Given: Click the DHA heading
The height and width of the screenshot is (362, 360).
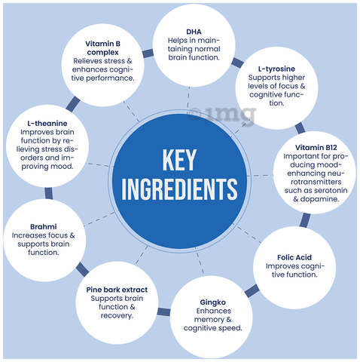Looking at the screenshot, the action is pyautogui.click(x=194, y=32).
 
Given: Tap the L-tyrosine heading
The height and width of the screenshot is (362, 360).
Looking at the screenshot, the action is pyautogui.click(x=276, y=69).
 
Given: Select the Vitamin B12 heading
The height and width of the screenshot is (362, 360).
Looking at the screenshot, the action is pyautogui.click(x=316, y=148).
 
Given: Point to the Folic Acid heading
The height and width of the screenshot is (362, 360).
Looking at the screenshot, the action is pyautogui.click(x=294, y=257).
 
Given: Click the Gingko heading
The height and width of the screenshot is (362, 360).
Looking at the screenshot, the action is pyautogui.click(x=213, y=302).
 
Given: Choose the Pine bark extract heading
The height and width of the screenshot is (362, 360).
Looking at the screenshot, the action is pyautogui.click(x=117, y=290).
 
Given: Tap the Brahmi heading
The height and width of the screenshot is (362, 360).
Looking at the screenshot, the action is pyautogui.click(x=44, y=227).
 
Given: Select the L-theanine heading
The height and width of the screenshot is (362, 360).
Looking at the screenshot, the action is pyautogui.click(x=47, y=124).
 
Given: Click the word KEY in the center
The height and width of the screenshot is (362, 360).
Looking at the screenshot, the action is pyautogui.click(x=179, y=160).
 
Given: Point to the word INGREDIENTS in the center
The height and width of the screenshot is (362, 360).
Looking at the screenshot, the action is pyautogui.click(x=179, y=189).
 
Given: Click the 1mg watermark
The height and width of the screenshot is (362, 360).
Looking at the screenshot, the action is pyautogui.click(x=222, y=115).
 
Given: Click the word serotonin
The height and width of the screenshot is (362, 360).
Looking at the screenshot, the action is pyautogui.click(x=331, y=191).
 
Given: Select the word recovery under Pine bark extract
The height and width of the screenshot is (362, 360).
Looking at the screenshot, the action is pyautogui.click(x=117, y=316).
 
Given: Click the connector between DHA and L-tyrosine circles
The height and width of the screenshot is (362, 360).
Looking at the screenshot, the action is pyautogui.click(x=237, y=63).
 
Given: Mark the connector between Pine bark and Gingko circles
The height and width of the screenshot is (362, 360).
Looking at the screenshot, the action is pyautogui.click(x=163, y=312).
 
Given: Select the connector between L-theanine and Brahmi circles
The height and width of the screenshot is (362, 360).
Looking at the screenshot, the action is pyautogui.click(x=49, y=193).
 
